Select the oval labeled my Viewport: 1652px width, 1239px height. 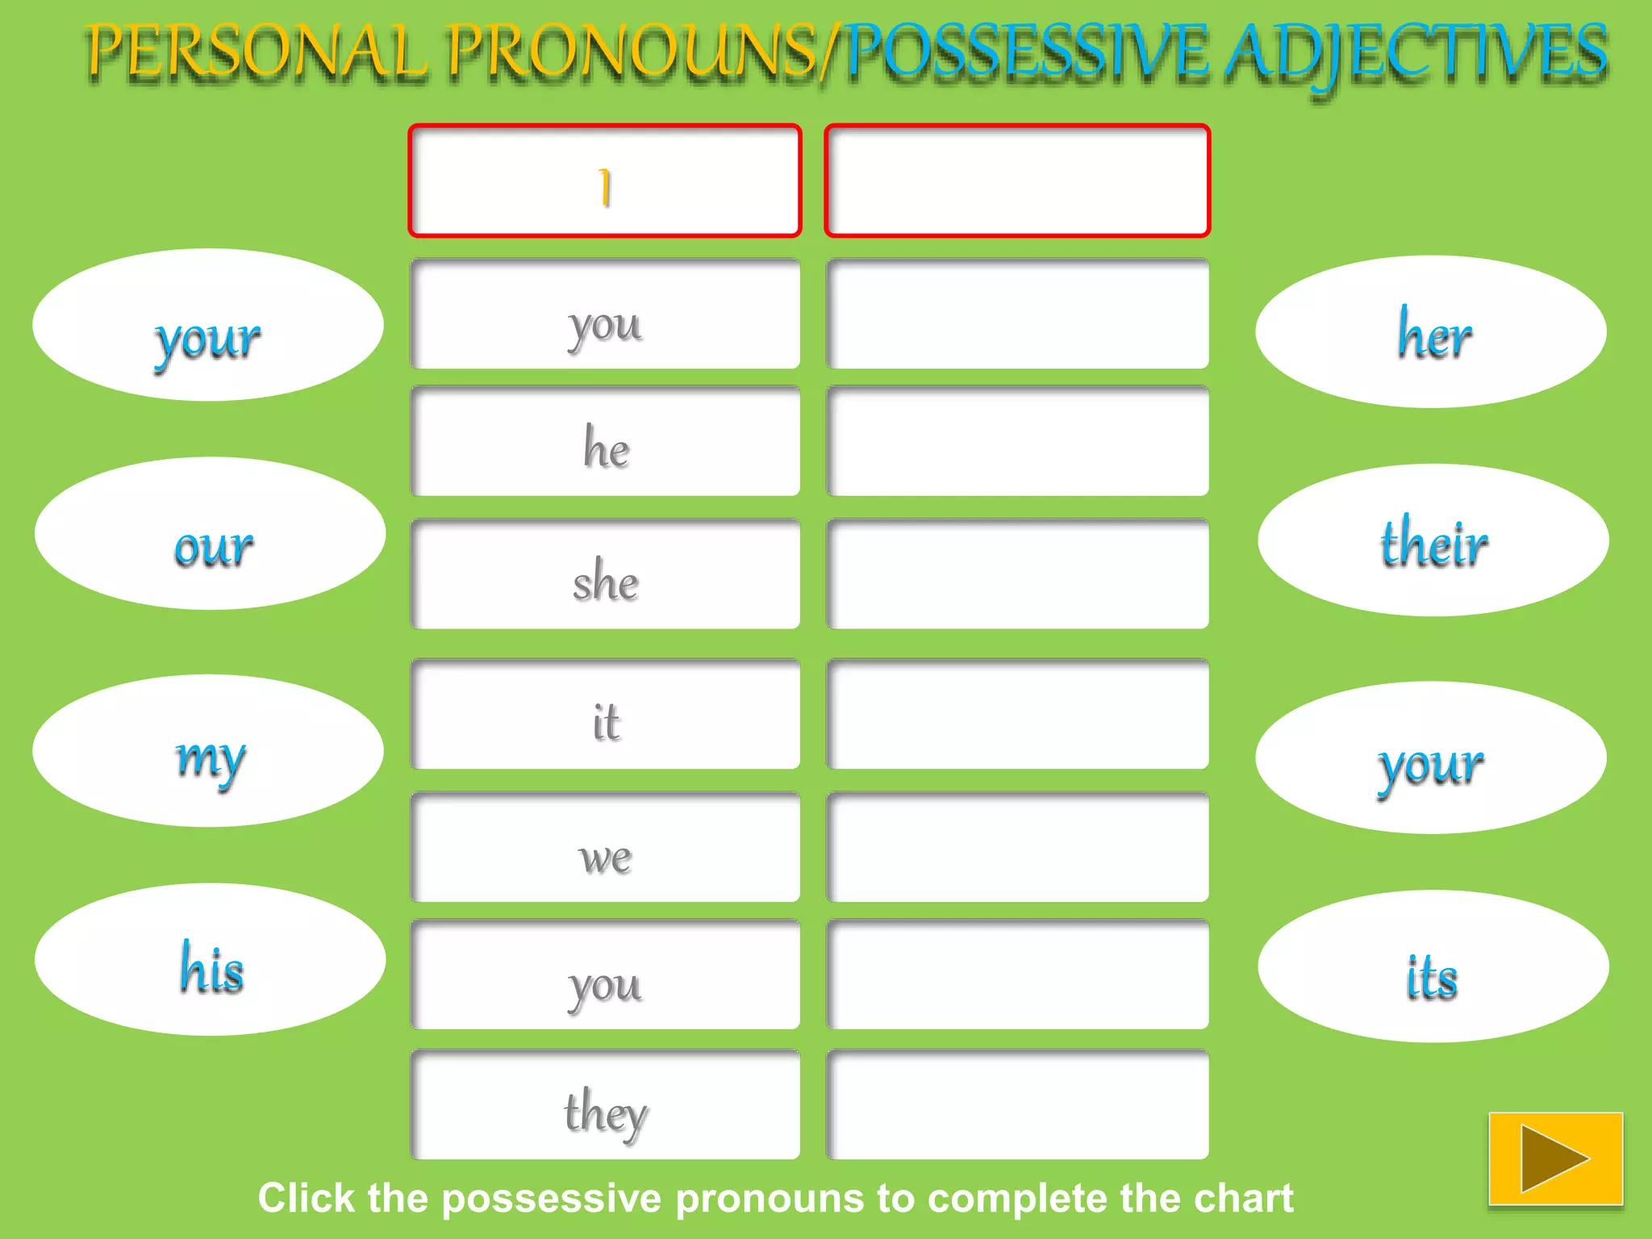(x=208, y=751)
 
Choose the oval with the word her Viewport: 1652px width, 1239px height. (x=1431, y=332)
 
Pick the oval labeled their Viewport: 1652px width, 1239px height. (x=1433, y=540)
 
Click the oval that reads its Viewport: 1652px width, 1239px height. (x=1433, y=967)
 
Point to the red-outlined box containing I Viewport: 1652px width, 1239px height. (x=605, y=181)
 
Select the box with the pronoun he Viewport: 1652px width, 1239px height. (x=605, y=441)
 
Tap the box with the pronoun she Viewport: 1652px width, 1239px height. (x=605, y=574)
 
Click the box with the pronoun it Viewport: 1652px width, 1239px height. (x=605, y=715)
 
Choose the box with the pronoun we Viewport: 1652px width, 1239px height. (x=605, y=848)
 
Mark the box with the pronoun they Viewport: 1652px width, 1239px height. (x=605, y=1104)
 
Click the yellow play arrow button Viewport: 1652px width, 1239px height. (x=1555, y=1158)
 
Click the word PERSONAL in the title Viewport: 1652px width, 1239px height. (x=257, y=52)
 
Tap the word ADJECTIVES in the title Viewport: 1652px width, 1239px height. (x=1416, y=53)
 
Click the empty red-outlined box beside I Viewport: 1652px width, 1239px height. (x=1017, y=181)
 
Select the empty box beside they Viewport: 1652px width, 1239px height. (x=1017, y=1104)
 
